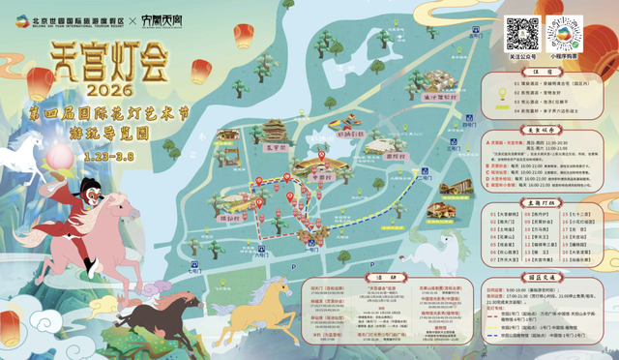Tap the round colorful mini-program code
pyautogui.click(x=571, y=34)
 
